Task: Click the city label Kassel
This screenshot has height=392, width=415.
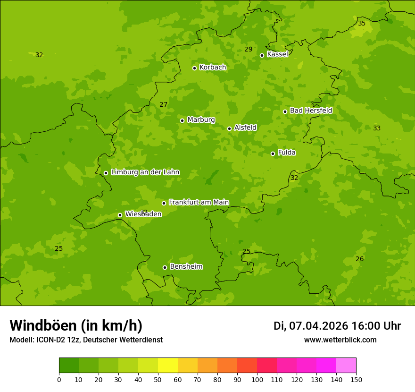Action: (x=277, y=54)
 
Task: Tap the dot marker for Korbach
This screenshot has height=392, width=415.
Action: (x=194, y=68)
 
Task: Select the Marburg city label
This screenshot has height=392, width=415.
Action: (x=201, y=120)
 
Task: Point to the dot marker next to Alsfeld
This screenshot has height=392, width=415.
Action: (x=229, y=128)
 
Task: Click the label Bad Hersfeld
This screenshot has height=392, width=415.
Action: (x=311, y=111)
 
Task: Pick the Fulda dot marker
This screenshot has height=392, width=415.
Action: (x=273, y=153)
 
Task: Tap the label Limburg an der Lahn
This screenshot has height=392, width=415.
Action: (x=145, y=172)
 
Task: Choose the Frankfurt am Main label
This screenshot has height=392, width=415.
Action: (x=199, y=202)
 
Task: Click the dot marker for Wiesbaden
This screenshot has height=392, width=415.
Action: (x=120, y=215)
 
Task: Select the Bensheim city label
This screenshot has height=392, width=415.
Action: (x=186, y=266)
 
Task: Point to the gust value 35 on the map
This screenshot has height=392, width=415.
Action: (x=362, y=23)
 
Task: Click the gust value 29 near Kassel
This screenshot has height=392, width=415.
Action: (x=249, y=50)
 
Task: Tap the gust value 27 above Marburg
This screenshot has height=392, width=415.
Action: (x=163, y=104)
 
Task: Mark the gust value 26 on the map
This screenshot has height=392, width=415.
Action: (x=359, y=259)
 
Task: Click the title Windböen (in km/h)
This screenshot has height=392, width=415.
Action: (x=76, y=325)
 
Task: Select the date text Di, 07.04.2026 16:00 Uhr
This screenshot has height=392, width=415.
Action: (x=337, y=326)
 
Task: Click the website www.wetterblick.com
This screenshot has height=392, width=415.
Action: (x=340, y=340)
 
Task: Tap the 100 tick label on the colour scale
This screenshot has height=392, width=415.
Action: (x=257, y=379)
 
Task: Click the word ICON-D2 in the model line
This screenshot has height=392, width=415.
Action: (x=50, y=340)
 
